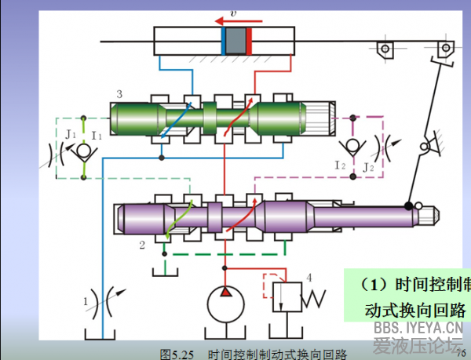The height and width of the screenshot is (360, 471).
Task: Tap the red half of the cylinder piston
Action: tap(248, 40)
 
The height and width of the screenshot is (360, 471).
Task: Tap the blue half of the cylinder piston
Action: tap(225, 40)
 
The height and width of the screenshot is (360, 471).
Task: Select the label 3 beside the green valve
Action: tap(119, 95)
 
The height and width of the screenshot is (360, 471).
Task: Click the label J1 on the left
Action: tap(71, 134)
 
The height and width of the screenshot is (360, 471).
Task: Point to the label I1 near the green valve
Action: tap(96, 136)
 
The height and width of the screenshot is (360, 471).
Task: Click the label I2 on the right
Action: tap(340, 165)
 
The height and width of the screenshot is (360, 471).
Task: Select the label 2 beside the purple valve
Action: tap(142, 245)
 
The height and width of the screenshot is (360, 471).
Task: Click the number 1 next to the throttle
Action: tap(86, 299)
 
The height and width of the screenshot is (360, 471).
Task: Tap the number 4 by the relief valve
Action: tap(309, 277)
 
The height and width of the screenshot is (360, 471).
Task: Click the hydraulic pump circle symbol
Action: tap(225, 303)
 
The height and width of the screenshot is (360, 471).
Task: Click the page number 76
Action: tap(462, 352)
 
